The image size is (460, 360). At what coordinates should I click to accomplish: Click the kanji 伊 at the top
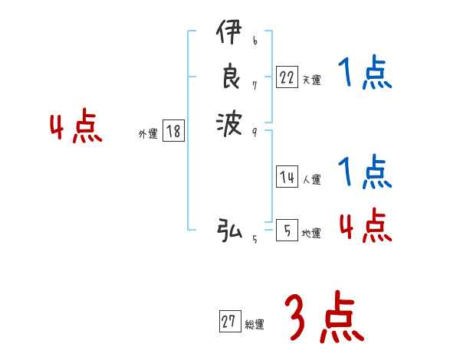(230, 35)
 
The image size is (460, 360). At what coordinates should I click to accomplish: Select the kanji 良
(230, 77)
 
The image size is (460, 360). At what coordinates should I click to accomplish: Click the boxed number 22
(286, 77)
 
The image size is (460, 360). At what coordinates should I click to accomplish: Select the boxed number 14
(286, 177)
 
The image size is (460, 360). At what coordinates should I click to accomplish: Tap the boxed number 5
(286, 230)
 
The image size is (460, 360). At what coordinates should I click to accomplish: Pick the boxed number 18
(173, 132)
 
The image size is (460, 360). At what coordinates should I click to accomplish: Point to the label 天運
(311, 80)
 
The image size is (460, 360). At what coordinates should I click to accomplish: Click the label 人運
(311, 180)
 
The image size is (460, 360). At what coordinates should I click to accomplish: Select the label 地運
(311, 233)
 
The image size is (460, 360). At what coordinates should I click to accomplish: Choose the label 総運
(255, 325)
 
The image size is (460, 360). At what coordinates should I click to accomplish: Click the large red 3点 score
(324, 318)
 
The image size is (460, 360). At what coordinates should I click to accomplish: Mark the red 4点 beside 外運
(76, 128)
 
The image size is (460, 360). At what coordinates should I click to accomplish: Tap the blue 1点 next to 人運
(365, 172)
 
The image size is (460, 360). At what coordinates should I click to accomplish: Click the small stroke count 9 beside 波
(254, 131)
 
